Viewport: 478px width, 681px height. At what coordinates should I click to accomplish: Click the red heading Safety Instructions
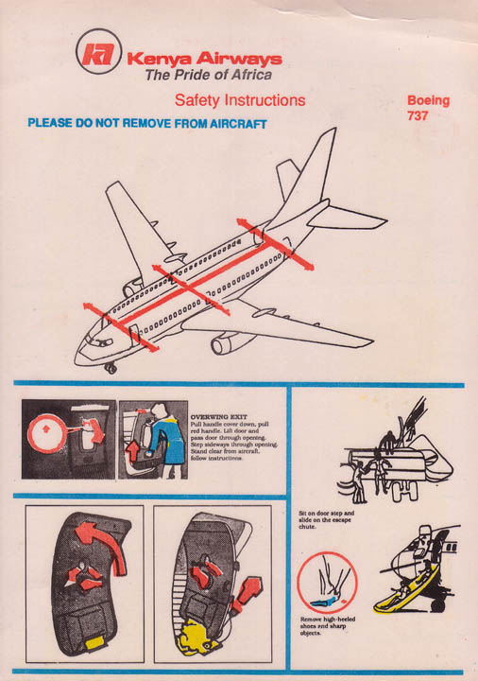[x=240, y=100]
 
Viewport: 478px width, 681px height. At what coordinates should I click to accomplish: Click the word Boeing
[x=428, y=100]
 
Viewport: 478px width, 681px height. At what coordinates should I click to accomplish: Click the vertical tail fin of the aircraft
[x=316, y=170]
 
